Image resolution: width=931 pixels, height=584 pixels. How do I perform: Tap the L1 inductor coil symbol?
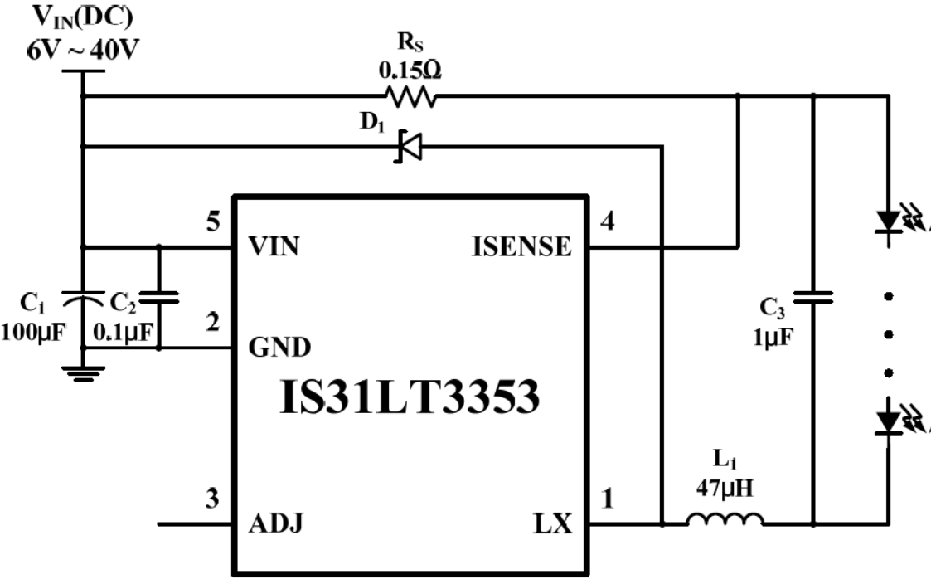[x=725, y=520]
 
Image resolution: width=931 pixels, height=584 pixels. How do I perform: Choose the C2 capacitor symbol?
[x=158, y=297]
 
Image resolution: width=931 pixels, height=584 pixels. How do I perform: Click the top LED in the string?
[x=890, y=221]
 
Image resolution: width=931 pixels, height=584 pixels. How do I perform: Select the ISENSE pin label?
[x=521, y=246]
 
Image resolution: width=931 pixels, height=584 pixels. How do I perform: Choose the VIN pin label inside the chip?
[x=275, y=246]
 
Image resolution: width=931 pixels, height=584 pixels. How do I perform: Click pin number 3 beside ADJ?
[x=213, y=500]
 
